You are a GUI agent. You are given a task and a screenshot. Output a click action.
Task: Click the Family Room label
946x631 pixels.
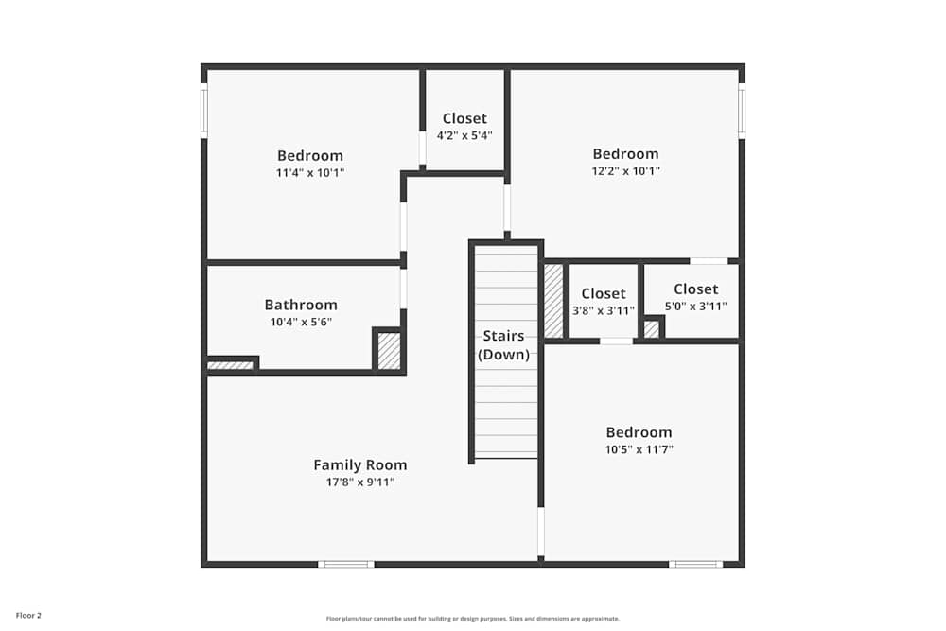tap(360, 464)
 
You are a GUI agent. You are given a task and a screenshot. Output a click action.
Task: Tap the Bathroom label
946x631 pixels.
tap(301, 305)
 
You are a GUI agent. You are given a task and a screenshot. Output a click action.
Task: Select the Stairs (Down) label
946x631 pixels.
tap(503, 345)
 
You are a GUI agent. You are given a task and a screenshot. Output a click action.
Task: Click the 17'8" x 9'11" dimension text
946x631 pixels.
tap(360, 482)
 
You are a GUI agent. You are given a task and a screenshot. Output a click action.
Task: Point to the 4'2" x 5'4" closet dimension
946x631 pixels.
tap(464, 135)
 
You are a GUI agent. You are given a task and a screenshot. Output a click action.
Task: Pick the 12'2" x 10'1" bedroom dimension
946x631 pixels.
tap(625, 171)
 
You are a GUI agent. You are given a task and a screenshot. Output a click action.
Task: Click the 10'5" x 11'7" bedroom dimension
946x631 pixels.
tap(639, 449)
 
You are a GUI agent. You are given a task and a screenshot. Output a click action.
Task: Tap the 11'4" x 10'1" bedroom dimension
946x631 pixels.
tap(310, 173)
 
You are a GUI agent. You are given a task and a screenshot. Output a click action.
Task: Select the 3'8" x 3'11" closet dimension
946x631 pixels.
tap(604, 310)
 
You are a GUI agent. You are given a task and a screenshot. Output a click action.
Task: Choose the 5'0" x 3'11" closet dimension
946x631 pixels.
tap(695, 306)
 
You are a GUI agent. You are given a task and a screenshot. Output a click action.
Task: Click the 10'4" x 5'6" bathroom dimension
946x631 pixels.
tap(301, 322)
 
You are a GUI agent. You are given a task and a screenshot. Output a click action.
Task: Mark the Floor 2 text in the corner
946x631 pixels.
tap(28, 616)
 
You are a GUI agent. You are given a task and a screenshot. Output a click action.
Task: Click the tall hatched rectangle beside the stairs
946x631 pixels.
tap(553, 300)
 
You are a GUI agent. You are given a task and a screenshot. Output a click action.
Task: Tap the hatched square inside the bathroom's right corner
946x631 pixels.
tap(389, 351)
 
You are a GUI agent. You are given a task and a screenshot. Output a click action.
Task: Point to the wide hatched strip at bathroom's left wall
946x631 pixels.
tap(230, 365)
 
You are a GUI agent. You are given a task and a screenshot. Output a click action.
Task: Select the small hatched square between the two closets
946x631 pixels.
tap(652, 329)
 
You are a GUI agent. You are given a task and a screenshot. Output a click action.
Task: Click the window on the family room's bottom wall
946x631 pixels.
tap(345, 564)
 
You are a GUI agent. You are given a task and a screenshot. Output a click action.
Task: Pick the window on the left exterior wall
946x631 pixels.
tap(203, 112)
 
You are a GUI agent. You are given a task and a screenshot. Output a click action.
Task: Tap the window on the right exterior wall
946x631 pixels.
tap(742, 111)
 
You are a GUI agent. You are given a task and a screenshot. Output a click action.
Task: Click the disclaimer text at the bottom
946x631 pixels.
tap(473, 619)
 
